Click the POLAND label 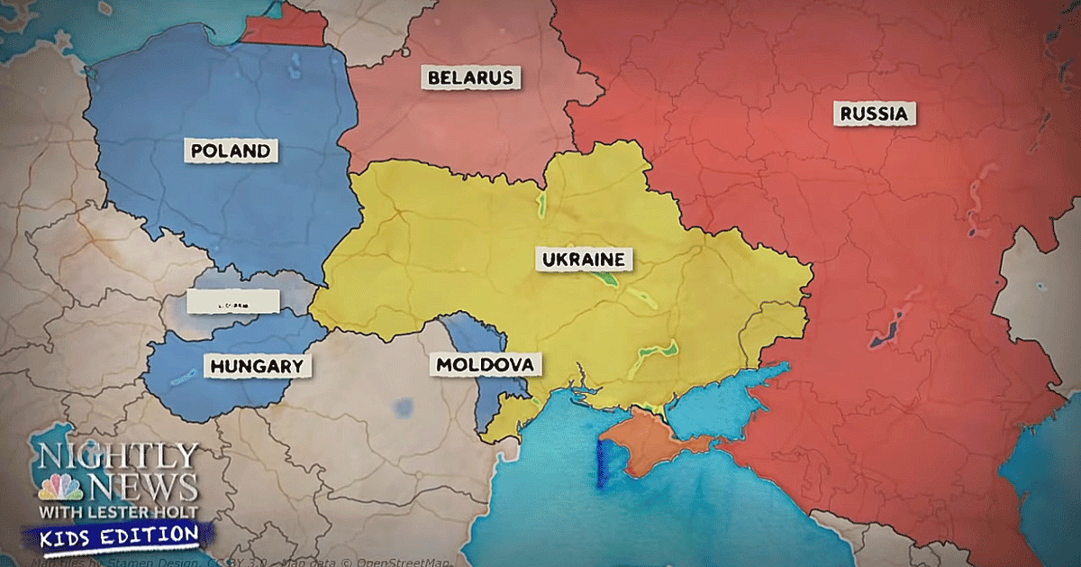click(x=232, y=151)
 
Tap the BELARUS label click(x=470, y=78)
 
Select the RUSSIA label click(x=874, y=114)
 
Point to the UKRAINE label click(x=583, y=260)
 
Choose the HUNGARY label click(x=257, y=366)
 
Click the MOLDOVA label click(x=489, y=365)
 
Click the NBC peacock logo click(x=59, y=489)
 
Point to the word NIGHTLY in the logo click(x=117, y=454)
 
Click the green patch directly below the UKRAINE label click(x=605, y=283)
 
